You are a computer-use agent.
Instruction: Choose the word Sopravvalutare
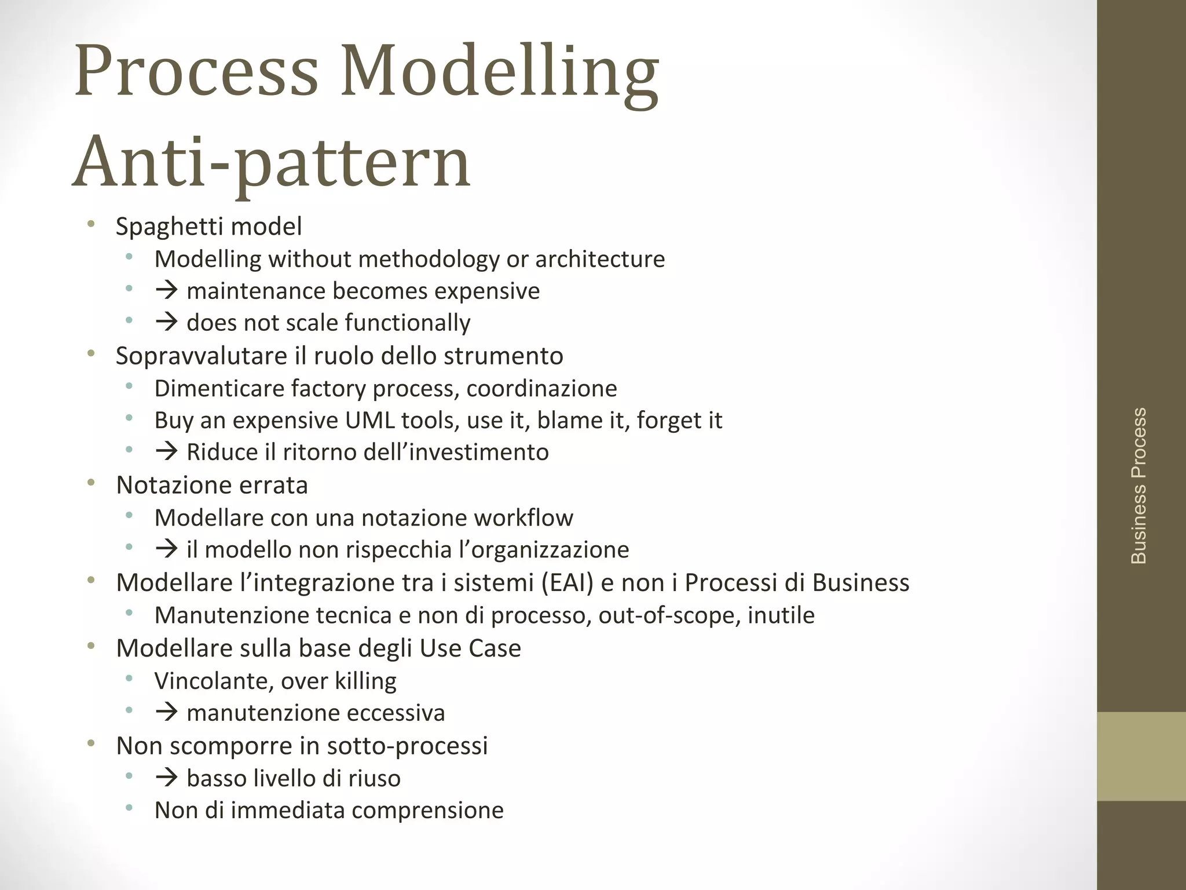click(x=201, y=356)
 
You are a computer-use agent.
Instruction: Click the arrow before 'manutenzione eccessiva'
click(x=166, y=713)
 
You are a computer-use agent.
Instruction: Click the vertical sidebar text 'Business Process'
click(x=1139, y=486)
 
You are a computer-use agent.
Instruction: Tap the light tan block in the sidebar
click(x=1141, y=756)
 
